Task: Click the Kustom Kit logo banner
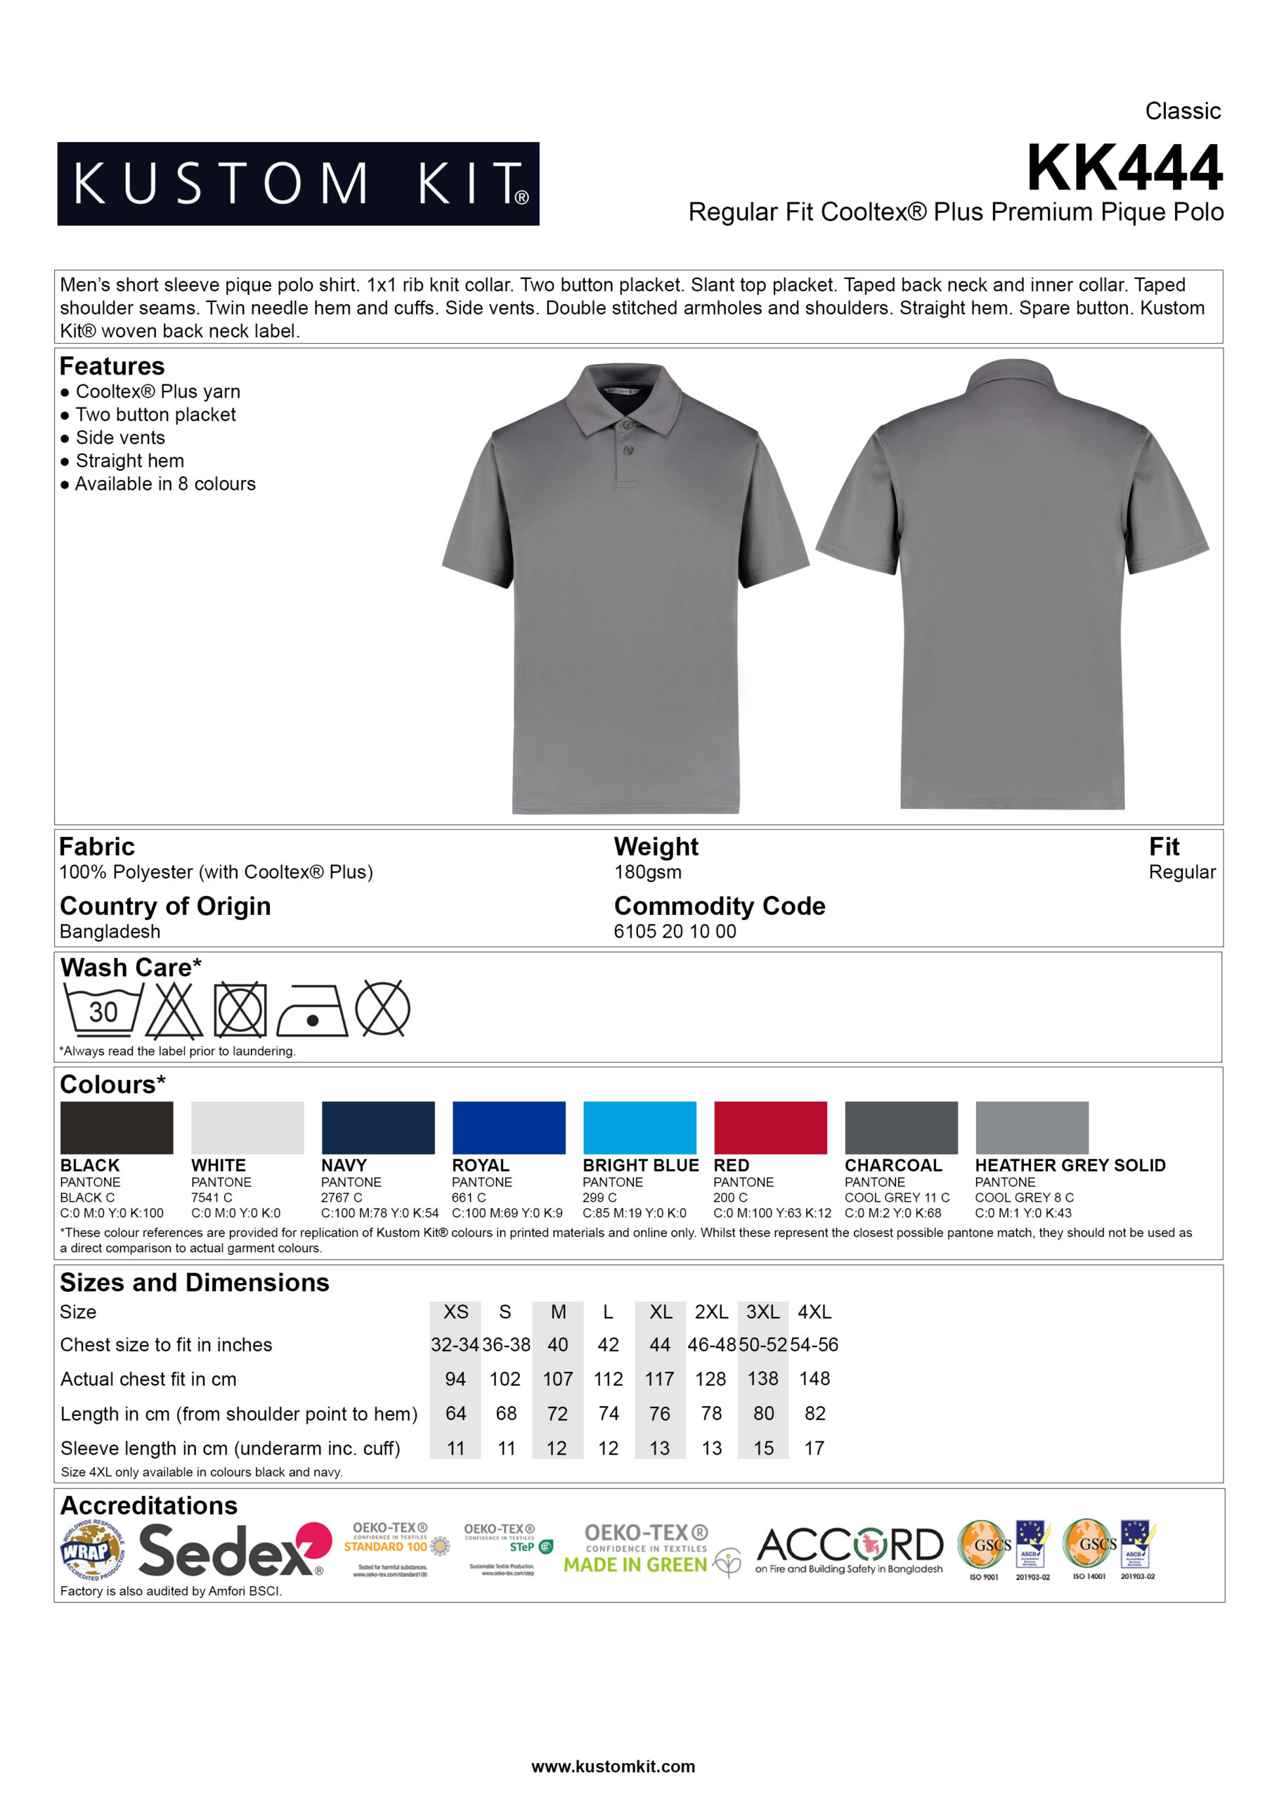click(x=298, y=183)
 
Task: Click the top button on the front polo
click(x=627, y=425)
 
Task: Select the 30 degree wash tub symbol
click(x=103, y=1010)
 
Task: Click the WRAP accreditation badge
click(x=91, y=1551)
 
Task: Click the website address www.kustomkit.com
click(x=613, y=1766)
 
